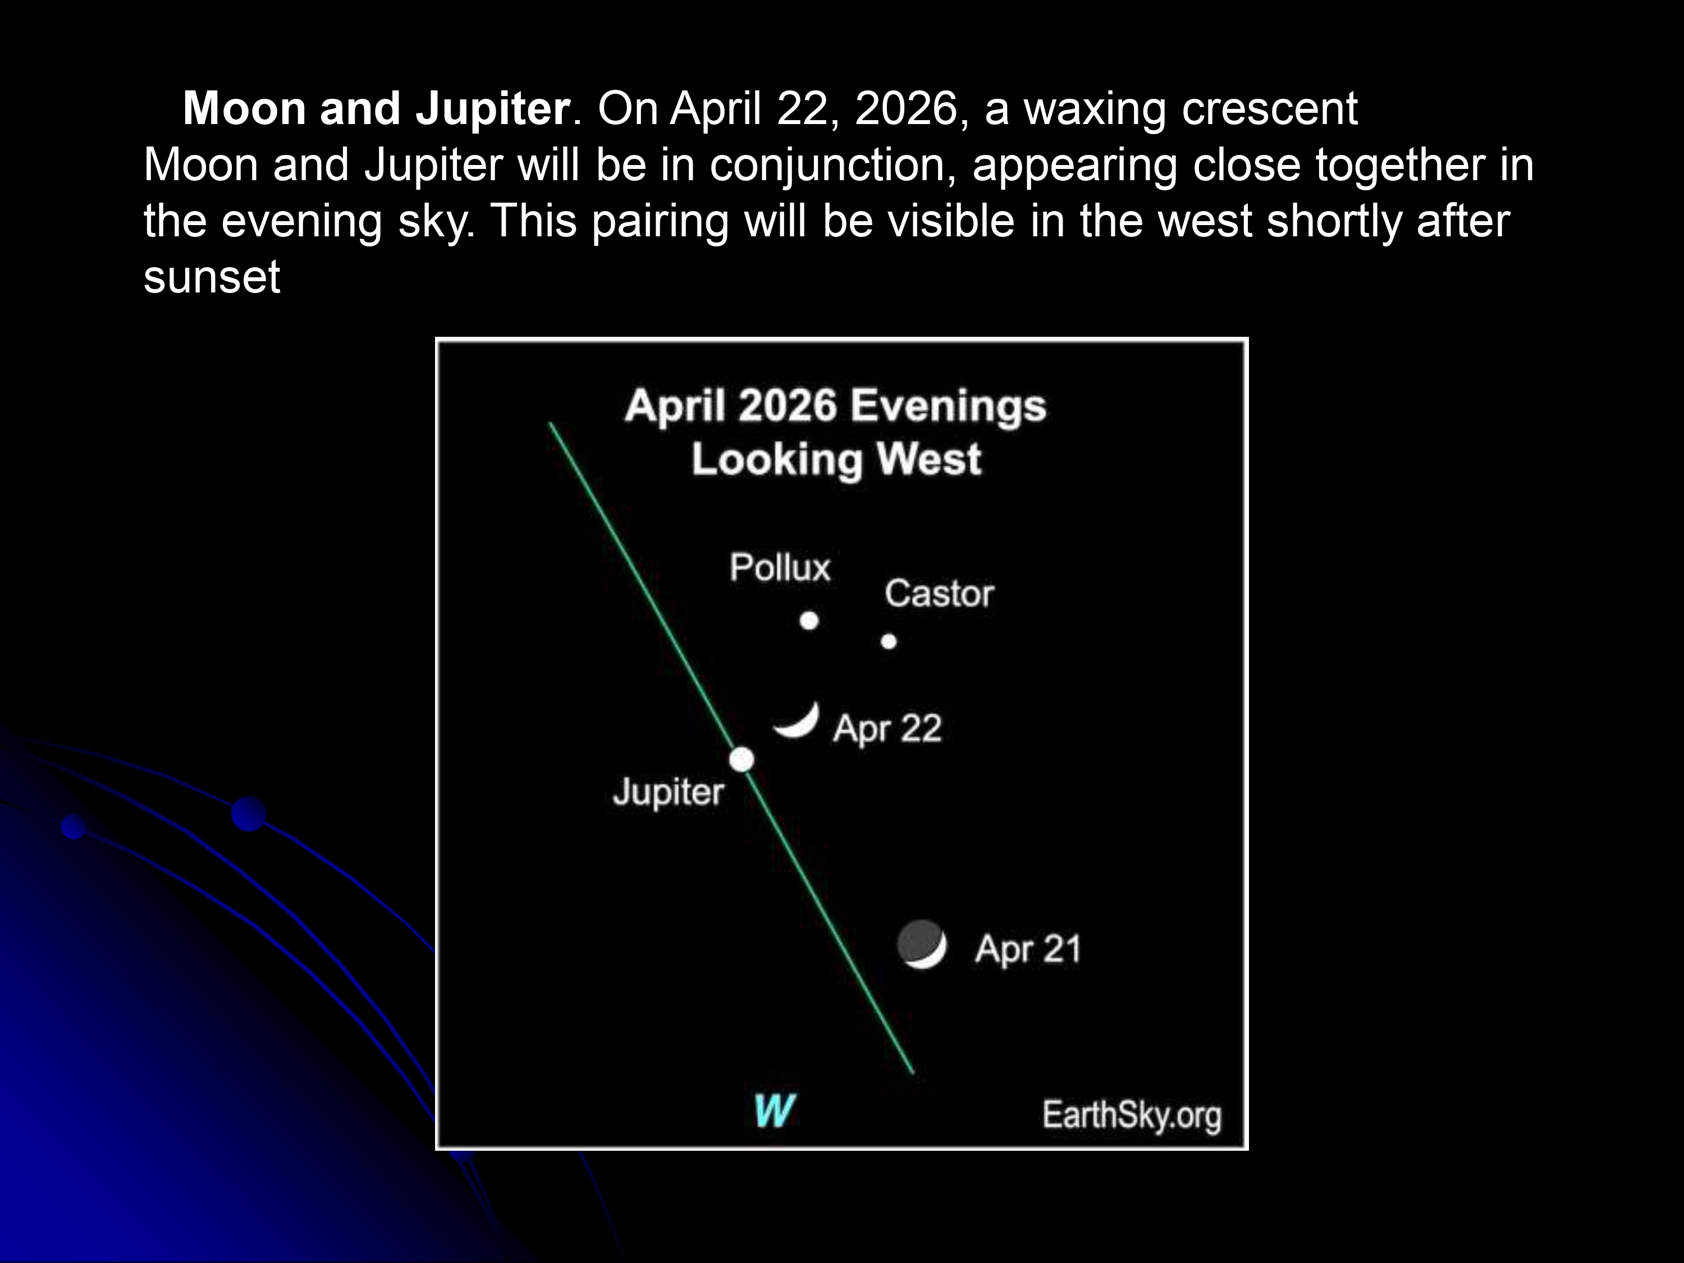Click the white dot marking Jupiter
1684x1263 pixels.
[x=742, y=759]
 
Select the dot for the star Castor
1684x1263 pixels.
[x=889, y=641]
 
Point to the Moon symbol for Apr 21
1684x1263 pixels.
[x=922, y=944]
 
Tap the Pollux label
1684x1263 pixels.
[x=780, y=567]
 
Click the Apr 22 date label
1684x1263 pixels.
[x=887, y=729]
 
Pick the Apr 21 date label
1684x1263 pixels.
[x=1028, y=949]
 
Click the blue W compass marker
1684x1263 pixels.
[x=774, y=1111]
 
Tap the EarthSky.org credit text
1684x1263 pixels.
[x=1131, y=1115]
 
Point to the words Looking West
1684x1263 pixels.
[x=836, y=459]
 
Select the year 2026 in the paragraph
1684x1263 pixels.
[x=906, y=109]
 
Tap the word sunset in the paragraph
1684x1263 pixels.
[x=212, y=277]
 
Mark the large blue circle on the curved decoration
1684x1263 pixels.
[x=249, y=814]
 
